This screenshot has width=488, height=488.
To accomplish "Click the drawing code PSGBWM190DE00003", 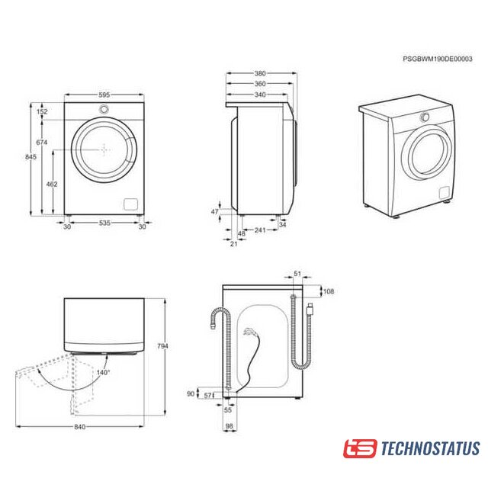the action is pyautogui.click(x=437, y=59).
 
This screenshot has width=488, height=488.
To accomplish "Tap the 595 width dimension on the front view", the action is pyautogui.click(x=104, y=95).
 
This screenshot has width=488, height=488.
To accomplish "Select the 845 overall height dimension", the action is pyautogui.click(x=30, y=157).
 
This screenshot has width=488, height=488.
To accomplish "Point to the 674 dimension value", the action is pyautogui.click(x=42, y=143).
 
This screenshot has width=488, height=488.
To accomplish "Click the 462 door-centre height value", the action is pyautogui.click(x=52, y=184).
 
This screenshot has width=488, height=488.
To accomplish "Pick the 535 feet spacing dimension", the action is pyautogui.click(x=104, y=223).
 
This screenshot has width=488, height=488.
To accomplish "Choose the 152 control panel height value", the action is pyautogui.click(x=42, y=111).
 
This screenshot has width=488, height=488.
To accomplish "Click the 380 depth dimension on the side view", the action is pyautogui.click(x=260, y=73).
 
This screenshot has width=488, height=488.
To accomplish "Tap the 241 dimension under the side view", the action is pyautogui.click(x=260, y=230).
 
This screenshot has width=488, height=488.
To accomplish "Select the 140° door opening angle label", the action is pyautogui.click(x=103, y=373).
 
